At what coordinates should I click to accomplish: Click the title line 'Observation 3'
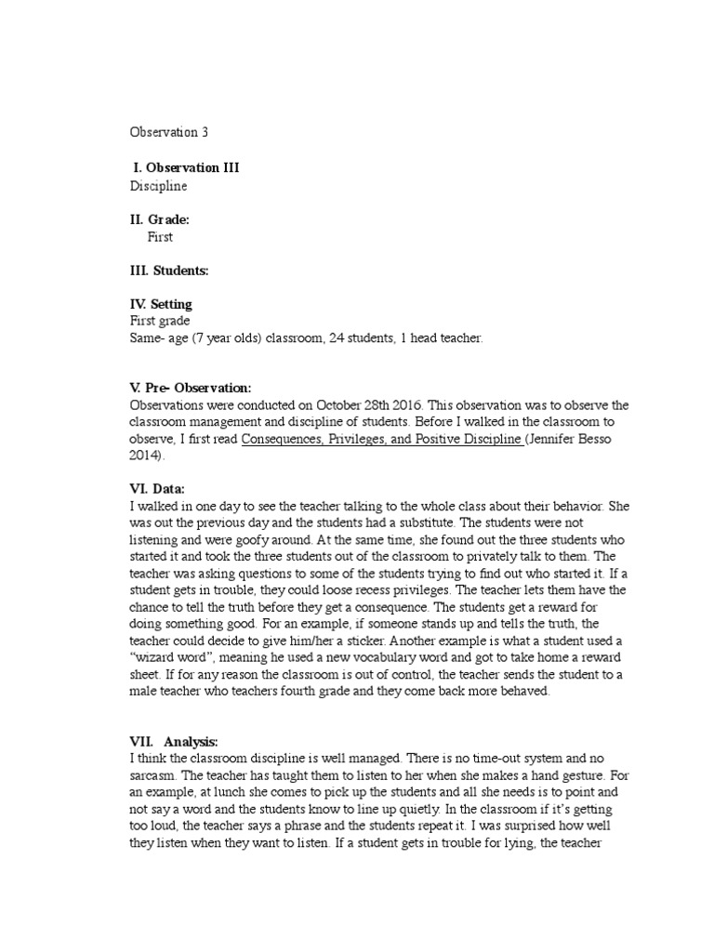[168, 132]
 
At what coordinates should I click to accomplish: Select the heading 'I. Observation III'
[192, 167]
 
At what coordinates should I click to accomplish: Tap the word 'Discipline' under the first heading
[158, 186]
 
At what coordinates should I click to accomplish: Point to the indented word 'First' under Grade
[160, 237]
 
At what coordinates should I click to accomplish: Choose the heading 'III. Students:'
[169, 271]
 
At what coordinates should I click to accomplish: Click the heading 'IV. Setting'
[161, 304]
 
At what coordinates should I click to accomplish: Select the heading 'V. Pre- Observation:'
[191, 388]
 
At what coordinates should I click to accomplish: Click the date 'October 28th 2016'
[368, 405]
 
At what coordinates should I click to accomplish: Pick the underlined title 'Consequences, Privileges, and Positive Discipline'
[382, 440]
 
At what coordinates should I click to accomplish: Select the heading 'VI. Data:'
[157, 489]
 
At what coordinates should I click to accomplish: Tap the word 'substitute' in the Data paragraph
[475, 522]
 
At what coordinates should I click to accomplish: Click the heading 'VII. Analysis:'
[174, 741]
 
